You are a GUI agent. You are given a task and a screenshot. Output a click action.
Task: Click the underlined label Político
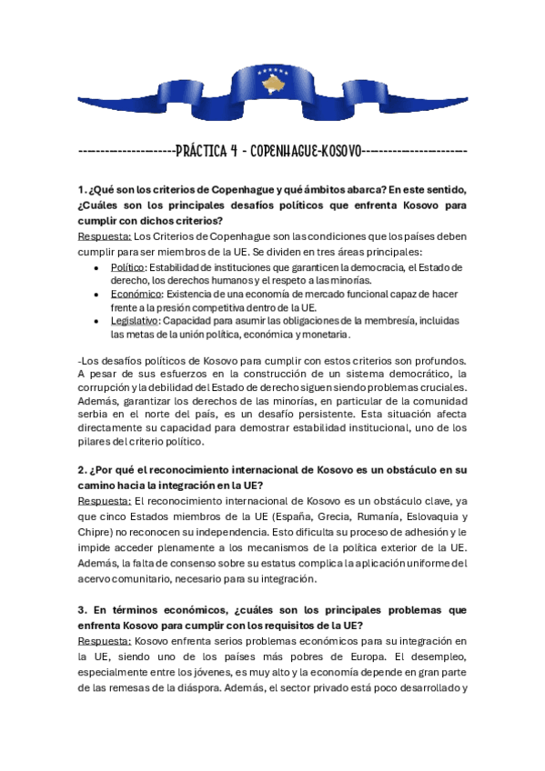click(x=127, y=267)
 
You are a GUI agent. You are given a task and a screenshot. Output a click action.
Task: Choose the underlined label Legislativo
click(x=135, y=321)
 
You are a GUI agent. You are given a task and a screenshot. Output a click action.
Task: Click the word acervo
click(x=96, y=578)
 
